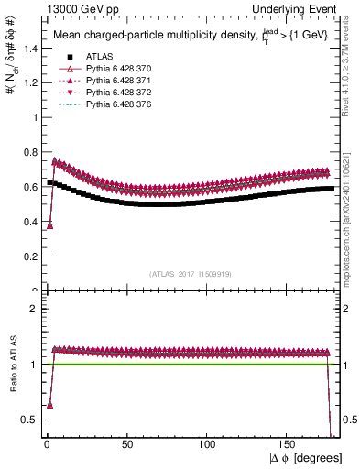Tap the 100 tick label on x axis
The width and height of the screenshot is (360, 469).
208,445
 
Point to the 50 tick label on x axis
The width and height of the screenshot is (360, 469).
127,445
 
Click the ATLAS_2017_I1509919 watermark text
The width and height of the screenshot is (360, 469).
189,274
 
